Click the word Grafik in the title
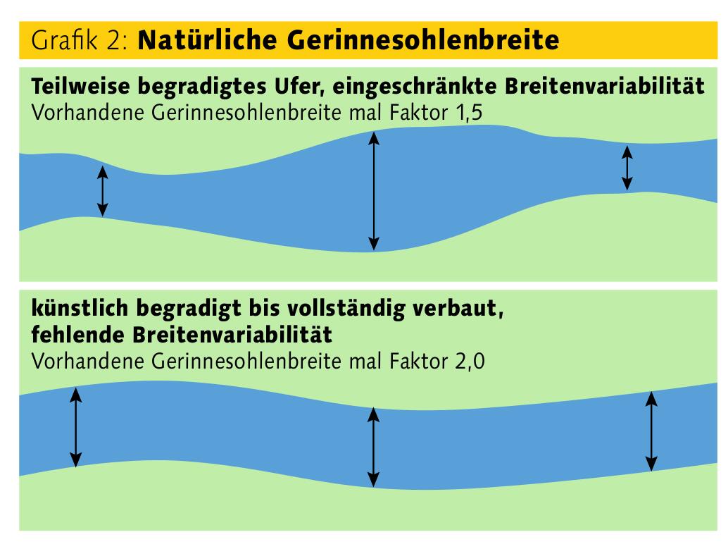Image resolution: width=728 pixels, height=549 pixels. point(65,39)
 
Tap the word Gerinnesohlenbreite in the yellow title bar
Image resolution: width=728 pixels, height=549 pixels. point(423,40)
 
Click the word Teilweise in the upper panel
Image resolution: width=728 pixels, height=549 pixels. point(80,86)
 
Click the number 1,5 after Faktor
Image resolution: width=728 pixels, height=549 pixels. point(469,113)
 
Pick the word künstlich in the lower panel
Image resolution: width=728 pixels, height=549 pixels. point(80,308)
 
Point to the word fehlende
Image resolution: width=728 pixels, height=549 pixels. point(77,334)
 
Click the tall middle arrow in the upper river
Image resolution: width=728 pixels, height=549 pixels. point(374,191)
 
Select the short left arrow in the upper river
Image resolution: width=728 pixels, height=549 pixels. point(103,191)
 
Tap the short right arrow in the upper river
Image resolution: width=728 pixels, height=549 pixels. point(627,168)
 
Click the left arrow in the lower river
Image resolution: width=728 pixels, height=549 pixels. point(75,427)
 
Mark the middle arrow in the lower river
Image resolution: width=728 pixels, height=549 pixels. point(373,448)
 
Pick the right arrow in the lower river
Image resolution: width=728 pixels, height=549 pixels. point(651,431)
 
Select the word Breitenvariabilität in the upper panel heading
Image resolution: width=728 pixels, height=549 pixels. point(605,87)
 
